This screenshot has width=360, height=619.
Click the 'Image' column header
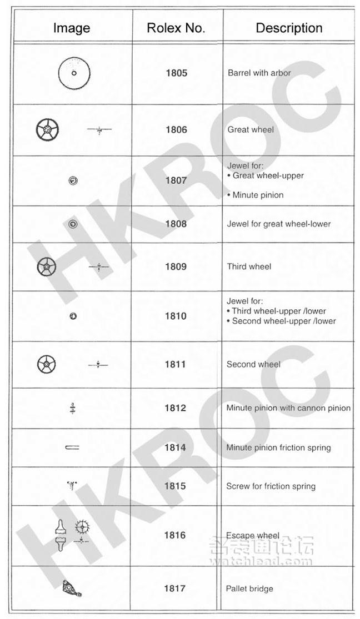click(72, 28)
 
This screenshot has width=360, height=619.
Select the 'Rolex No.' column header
click(176, 28)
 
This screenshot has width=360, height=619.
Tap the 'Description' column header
click(289, 28)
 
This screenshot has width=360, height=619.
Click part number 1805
click(176, 73)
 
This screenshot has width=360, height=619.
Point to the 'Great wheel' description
click(251, 130)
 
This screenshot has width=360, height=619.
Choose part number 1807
click(176, 181)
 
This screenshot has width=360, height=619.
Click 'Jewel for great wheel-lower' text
click(279, 224)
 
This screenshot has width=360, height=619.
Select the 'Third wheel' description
click(249, 266)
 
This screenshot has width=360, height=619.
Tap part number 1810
click(176, 316)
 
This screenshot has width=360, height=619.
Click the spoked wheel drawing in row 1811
click(47, 365)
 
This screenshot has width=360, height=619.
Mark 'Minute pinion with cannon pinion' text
click(288, 408)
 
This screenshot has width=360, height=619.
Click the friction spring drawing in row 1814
click(72, 447)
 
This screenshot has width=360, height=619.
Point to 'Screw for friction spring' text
click(271, 486)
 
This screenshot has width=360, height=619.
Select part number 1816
click(176, 536)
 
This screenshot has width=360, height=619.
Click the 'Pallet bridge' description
click(249, 588)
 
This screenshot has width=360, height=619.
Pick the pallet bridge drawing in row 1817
click(73, 588)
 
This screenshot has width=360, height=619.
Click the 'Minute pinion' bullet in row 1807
click(257, 195)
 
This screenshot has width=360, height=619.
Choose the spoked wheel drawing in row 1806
click(47, 130)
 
